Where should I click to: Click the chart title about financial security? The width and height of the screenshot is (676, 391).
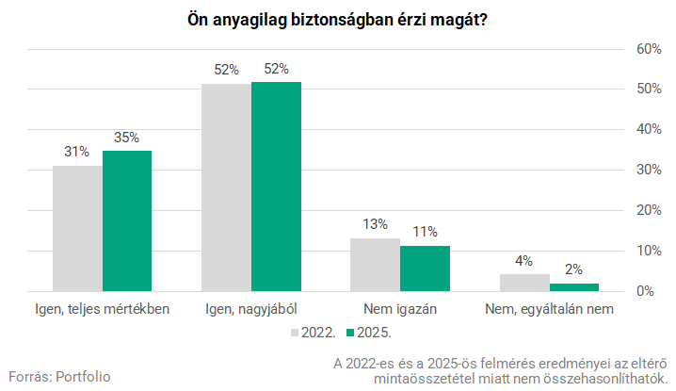point(337,20)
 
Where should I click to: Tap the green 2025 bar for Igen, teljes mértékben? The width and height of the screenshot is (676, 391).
point(127,220)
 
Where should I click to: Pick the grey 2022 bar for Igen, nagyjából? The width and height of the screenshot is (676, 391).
point(227,187)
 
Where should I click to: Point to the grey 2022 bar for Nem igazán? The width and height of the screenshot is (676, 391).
point(375,265)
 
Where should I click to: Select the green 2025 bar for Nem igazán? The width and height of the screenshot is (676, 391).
point(425,269)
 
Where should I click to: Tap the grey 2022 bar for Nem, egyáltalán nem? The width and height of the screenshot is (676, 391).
point(524,283)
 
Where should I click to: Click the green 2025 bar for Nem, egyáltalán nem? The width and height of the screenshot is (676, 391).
point(574,286)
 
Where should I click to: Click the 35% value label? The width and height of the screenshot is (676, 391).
point(127,138)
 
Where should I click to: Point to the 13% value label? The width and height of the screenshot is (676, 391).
point(375,225)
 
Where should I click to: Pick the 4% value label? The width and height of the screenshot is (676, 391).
point(524,261)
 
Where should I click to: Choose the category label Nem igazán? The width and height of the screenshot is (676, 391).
point(400,309)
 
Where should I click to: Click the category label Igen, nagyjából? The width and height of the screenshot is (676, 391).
point(251,309)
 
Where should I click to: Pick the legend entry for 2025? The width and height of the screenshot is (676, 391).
point(369,333)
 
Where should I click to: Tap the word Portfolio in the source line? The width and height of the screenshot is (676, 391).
point(83,376)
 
